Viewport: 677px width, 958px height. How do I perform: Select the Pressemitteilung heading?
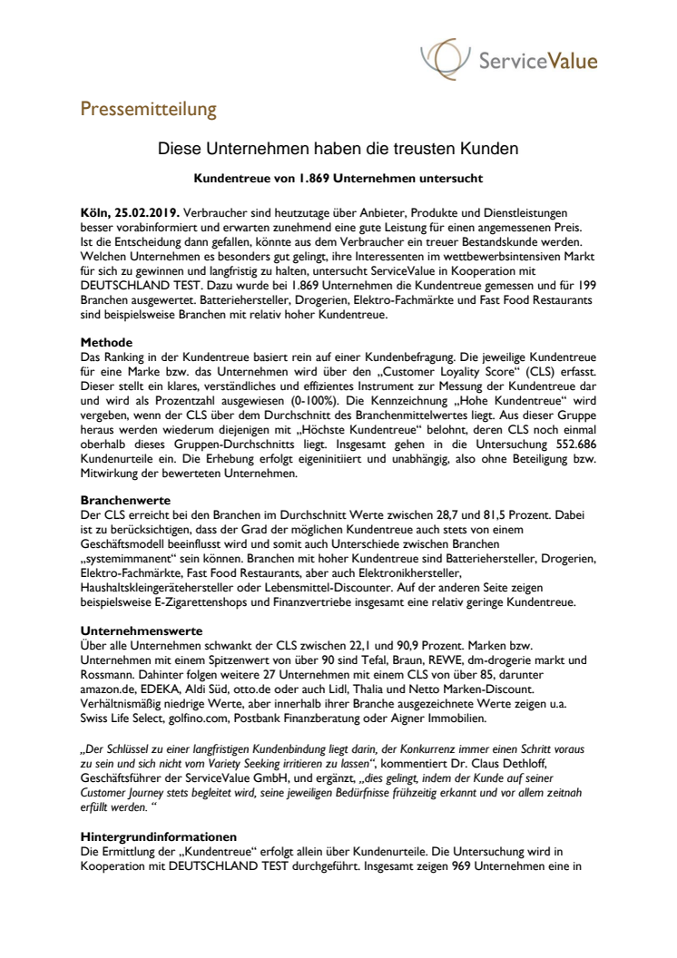point(148,110)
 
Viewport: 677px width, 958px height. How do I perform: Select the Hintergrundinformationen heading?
point(159,836)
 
